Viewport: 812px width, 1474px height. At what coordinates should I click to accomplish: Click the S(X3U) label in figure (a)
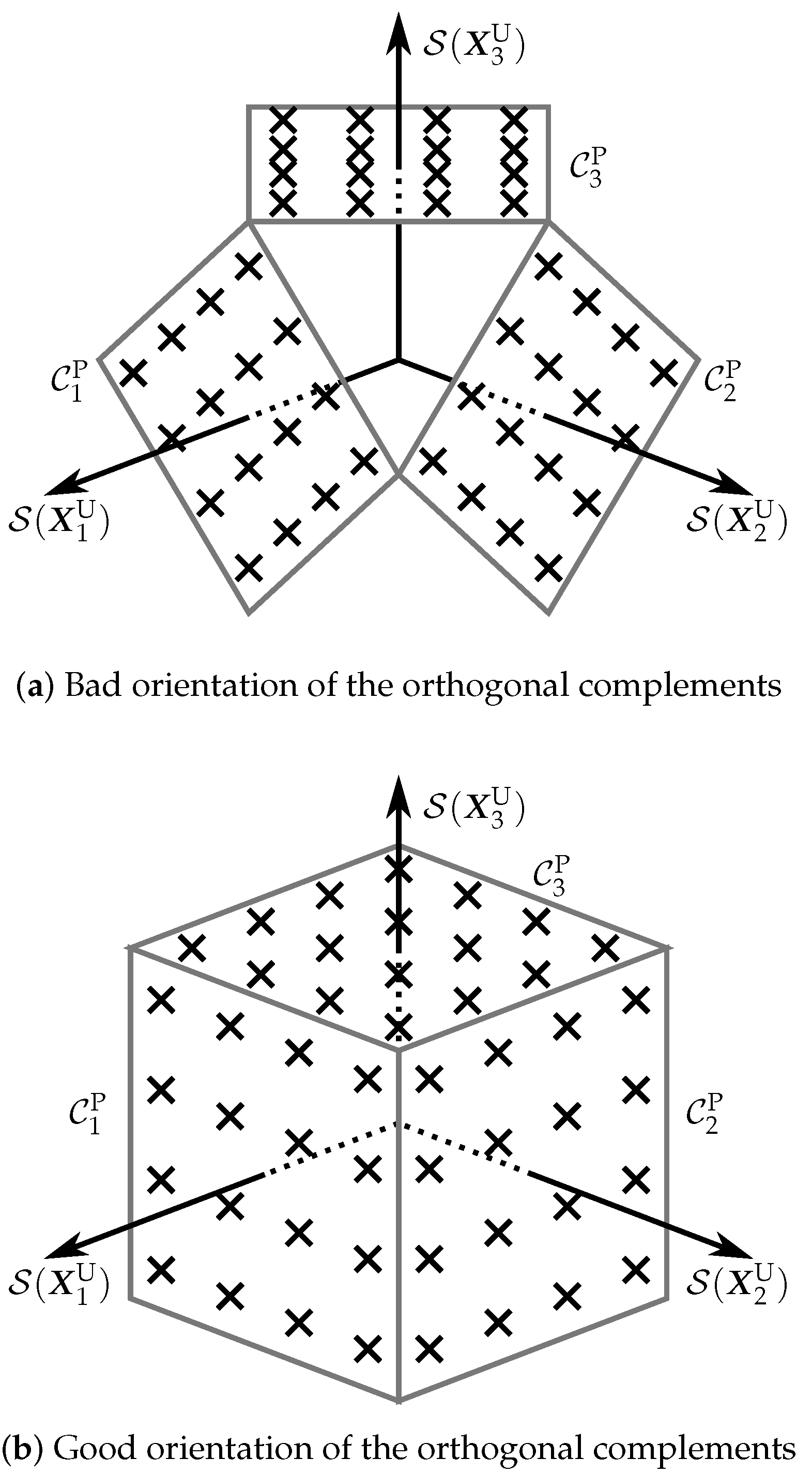(x=473, y=48)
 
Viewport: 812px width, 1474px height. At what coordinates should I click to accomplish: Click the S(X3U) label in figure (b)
(x=473, y=809)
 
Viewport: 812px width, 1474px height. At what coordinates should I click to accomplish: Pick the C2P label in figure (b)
(x=704, y=1114)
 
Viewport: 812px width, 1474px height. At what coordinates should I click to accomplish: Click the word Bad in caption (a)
(x=93, y=685)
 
